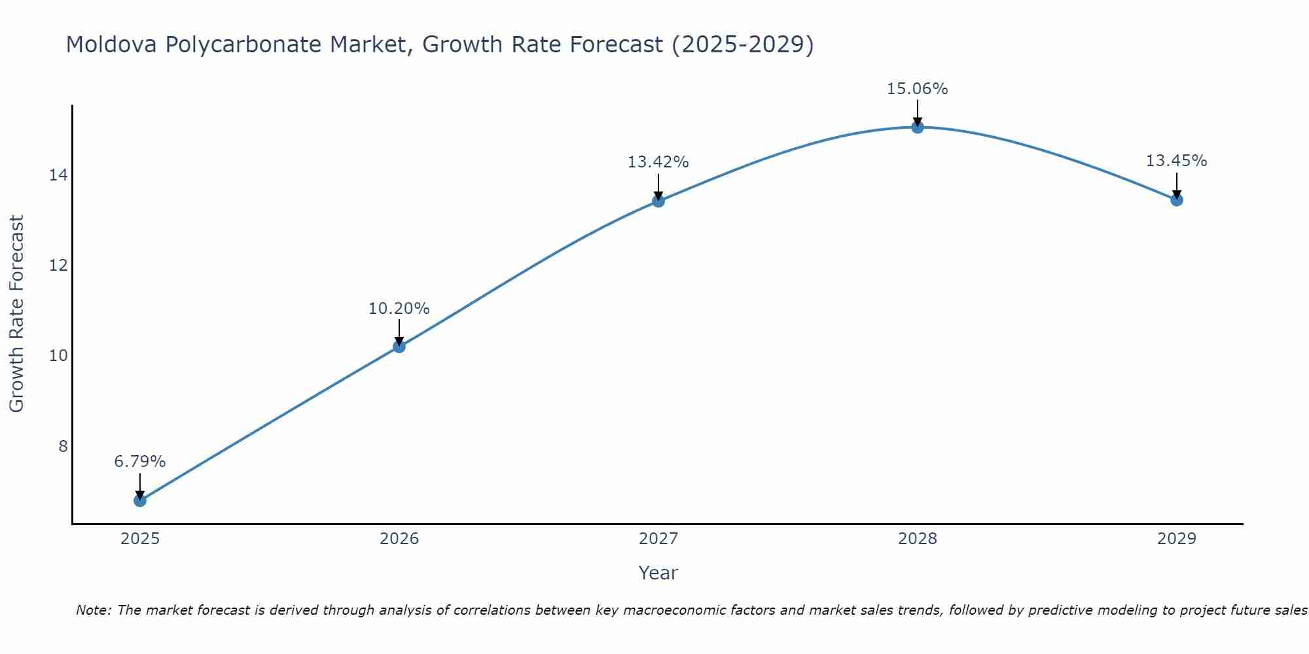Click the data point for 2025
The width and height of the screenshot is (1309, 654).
click(140, 500)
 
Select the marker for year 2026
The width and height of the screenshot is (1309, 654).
click(399, 347)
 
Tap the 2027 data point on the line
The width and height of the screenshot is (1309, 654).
click(658, 201)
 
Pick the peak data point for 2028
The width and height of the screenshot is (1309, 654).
click(918, 127)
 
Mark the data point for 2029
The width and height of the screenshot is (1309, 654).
click(1177, 199)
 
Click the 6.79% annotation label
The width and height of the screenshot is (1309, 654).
click(140, 462)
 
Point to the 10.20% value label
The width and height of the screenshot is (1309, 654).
click(399, 309)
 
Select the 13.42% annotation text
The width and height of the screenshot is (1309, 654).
click(658, 162)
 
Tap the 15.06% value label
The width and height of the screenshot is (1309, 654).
click(918, 89)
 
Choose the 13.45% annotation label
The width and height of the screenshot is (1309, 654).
click(1177, 161)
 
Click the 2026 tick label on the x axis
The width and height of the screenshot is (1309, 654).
click(399, 539)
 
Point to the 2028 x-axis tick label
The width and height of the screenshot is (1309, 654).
click(918, 539)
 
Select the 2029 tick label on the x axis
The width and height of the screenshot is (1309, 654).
click(1177, 539)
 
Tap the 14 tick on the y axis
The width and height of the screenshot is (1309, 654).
click(58, 175)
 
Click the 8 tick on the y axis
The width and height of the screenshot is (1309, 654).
click(63, 446)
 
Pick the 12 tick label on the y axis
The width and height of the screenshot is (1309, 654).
click(58, 265)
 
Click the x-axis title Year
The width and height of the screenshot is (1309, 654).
click(658, 573)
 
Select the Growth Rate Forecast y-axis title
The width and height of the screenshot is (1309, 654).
click(17, 313)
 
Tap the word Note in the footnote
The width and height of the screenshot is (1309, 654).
click(94, 610)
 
